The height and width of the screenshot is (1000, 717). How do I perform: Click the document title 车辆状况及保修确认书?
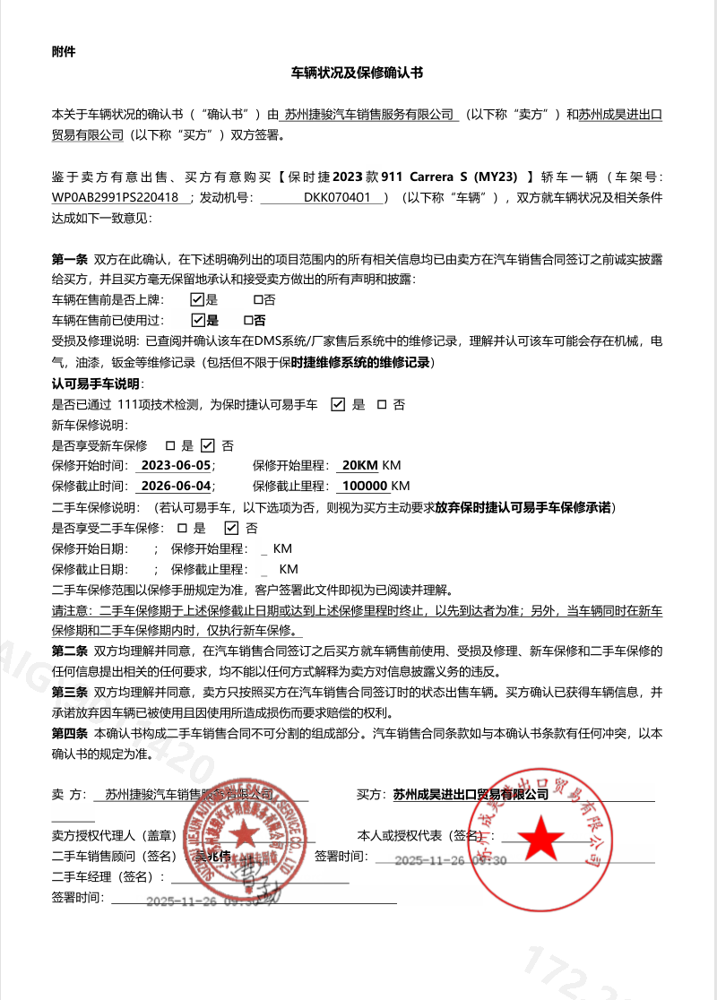tap(358, 72)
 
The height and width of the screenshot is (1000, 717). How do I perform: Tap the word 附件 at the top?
tap(64, 51)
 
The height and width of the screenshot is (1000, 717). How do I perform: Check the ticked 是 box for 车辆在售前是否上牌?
tap(198, 300)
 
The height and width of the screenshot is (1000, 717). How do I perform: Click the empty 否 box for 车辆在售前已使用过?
tap(248, 320)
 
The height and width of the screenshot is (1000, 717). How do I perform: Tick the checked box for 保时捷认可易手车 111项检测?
tap(338, 404)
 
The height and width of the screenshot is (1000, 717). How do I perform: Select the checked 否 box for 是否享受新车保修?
tap(208, 444)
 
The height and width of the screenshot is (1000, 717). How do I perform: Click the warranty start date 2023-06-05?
tap(176, 465)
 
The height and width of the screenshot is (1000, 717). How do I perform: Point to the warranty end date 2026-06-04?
tap(176, 486)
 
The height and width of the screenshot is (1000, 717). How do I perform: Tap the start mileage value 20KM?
tap(360, 465)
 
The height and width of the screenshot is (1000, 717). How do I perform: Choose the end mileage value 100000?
tap(365, 486)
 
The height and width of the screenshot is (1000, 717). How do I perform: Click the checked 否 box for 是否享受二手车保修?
tap(230, 528)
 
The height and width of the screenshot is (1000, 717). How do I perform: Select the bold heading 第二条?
tap(69, 650)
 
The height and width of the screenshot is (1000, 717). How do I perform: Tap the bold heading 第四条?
tap(69, 733)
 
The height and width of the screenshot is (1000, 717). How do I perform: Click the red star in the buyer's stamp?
tap(541, 839)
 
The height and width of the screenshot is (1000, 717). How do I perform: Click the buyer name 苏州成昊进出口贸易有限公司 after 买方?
tap(470, 794)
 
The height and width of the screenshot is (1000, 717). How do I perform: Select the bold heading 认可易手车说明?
tap(90, 384)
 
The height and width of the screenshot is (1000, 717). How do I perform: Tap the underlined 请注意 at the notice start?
tap(71, 610)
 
